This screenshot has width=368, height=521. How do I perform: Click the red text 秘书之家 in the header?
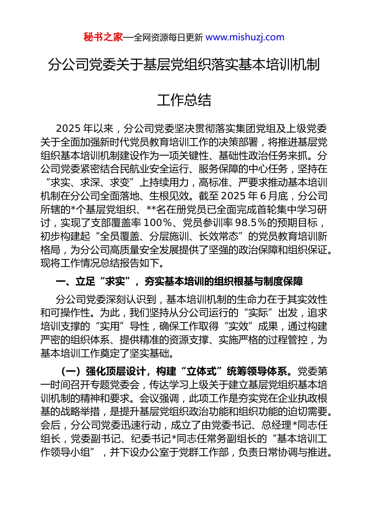tap(103, 37)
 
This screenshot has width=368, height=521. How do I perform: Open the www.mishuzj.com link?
tap(245, 37)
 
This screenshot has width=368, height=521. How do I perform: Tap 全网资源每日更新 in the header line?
tap(168, 38)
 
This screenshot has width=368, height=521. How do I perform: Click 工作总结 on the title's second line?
tap(184, 100)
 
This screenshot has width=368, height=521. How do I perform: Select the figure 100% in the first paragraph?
tap(158, 223)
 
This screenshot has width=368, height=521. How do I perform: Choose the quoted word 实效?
tap(239, 326)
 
